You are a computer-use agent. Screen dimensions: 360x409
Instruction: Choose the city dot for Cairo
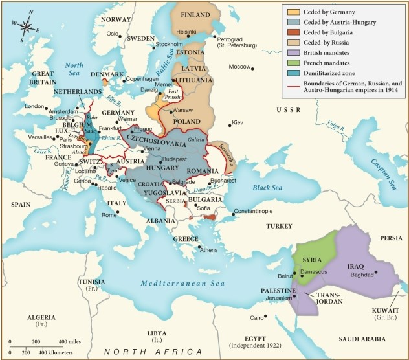pyautogui.click(x=264, y=317)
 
